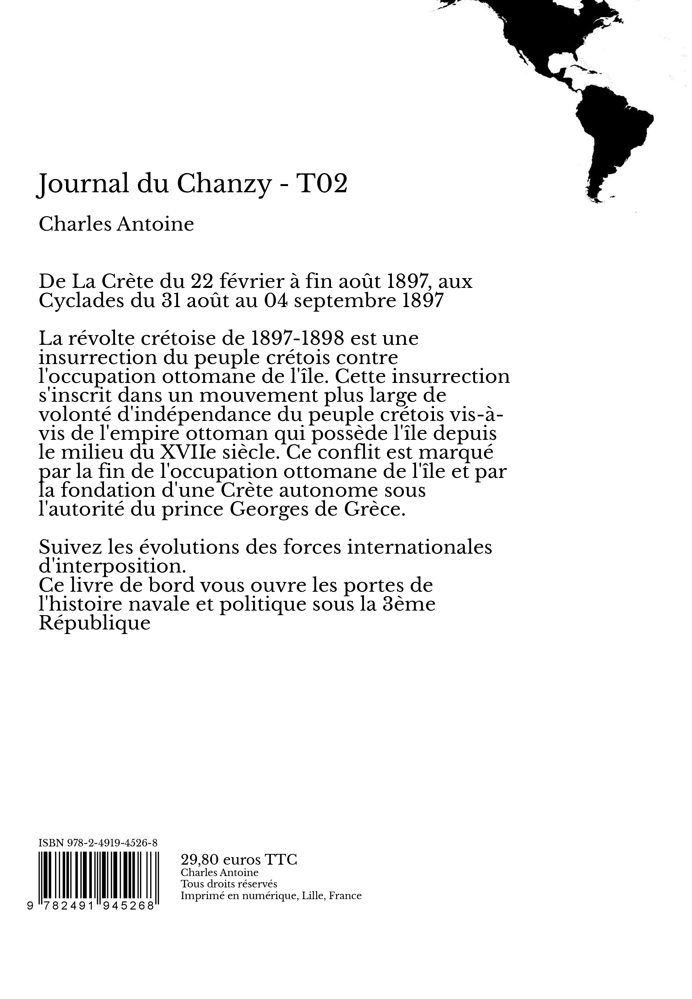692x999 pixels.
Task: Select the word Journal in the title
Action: [82, 184]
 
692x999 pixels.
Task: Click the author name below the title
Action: [116, 224]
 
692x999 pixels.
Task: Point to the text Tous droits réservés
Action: [228, 884]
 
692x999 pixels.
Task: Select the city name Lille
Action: [312, 896]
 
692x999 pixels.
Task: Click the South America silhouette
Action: [611, 139]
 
